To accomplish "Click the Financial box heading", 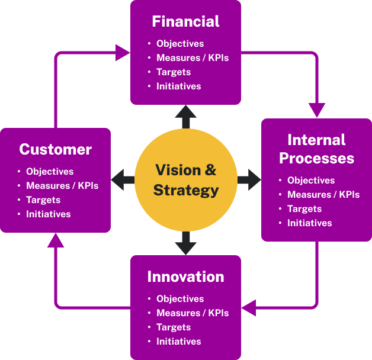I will coord(185,22).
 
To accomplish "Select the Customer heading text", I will coord(55,149).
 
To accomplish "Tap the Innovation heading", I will coord(185,277).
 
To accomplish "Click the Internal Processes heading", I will coord(316,149).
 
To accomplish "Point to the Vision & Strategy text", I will coord(185,180).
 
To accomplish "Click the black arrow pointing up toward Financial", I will coord(185,116).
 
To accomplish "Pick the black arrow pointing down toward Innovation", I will coord(185,243).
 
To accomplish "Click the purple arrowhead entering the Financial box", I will coord(123,53).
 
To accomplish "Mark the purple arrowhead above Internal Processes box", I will coord(317,110).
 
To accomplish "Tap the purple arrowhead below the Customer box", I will coord(55,240).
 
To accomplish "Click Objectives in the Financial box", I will coord(180,44).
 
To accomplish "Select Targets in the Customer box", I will coord(43,200).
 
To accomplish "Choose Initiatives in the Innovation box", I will coord(178,342).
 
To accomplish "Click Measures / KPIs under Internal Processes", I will coord(323,195).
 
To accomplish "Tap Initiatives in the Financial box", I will coord(178,86).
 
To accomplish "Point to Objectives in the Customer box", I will coord(50,172).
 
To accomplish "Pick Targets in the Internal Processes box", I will coord(304,209).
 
